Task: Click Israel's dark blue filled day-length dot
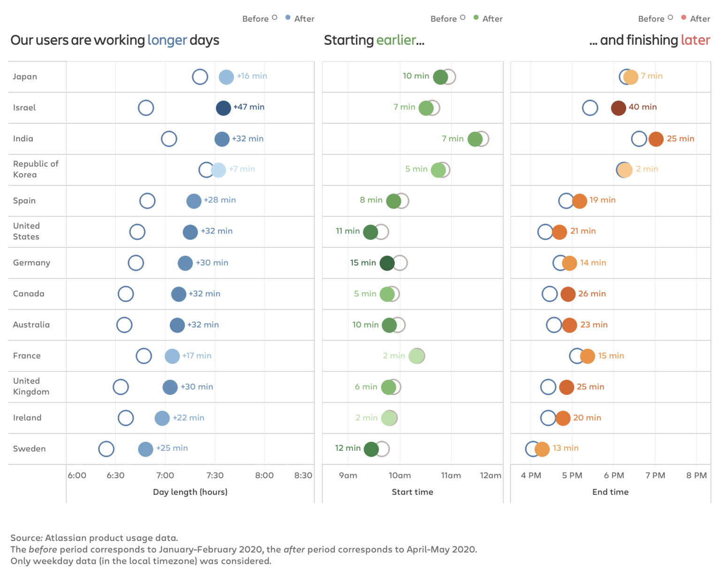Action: click(x=223, y=108)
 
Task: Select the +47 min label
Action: click(x=249, y=107)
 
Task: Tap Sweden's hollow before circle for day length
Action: click(x=106, y=449)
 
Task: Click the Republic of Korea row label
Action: click(x=36, y=169)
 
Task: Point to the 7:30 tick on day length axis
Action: click(x=215, y=475)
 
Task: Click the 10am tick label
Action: click(x=399, y=475)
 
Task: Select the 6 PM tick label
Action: click(x=614, y=475)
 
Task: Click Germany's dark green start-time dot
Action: click(x=387, y=263)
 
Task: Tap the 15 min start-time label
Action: click(x=363, y=263)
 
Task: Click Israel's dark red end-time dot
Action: click(x=618, y=108)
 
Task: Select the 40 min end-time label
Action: click(x=643, y=107)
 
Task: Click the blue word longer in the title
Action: click(x=167, y=40)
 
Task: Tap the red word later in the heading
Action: click(x=695, y=40)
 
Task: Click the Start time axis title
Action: click(x=412, y=492)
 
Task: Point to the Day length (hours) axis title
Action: click(x=190, y=492)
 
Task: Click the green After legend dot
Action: click(x=476, y=18)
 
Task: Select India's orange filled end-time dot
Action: click(x=656, y=139)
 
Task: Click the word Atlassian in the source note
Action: click(x=66, y=538)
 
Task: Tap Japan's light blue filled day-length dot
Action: click(x=226, y=77)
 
